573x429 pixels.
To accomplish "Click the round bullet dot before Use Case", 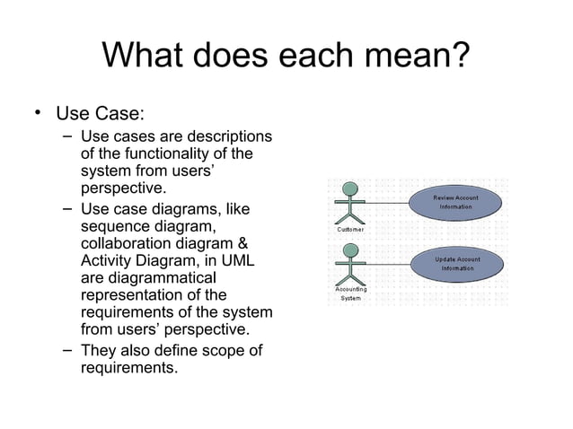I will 37,113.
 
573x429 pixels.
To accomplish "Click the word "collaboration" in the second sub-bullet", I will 130,245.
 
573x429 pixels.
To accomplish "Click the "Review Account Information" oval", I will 456,203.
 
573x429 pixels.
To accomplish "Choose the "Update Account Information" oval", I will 456,264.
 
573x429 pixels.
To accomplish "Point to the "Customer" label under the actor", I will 350,231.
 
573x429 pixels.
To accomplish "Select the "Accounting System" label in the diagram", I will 350,293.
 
